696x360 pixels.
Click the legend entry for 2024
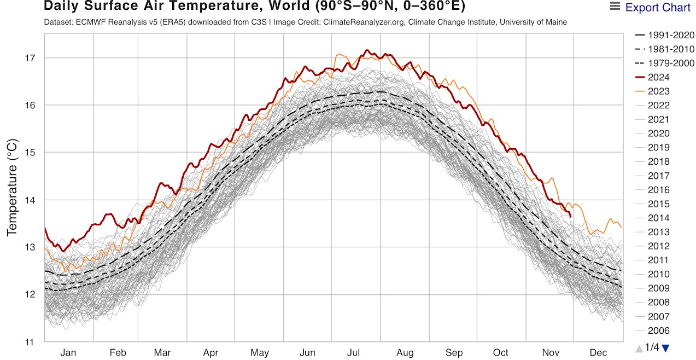[x=658, y=77]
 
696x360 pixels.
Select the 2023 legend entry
[x=658, y=91]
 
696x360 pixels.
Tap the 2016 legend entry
[x=658, y=190]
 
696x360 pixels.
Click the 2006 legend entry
[x=658, y=330]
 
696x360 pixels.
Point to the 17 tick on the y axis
[x=31, y=58]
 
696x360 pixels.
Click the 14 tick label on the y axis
[x=31, y=200]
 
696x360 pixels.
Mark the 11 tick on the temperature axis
[x=31, y=342]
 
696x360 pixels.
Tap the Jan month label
[x=68, y=353]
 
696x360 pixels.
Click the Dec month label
[x=598, y=353]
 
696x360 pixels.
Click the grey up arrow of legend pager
[x=639, y=348]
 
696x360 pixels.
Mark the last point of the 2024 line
[x=570, y=217]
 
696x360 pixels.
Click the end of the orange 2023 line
[x=622, y=227]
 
